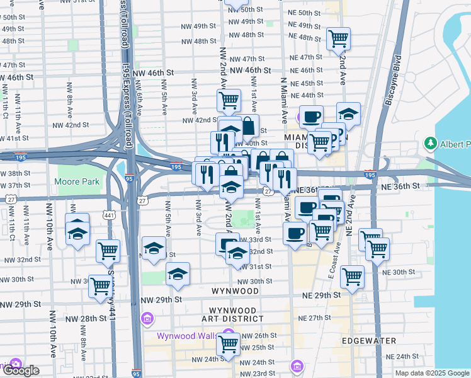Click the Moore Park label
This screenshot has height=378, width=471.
(x=79, y=182)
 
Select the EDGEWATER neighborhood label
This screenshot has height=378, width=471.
(x=369, y=341)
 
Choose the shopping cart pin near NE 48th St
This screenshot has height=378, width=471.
(x=338, y=38)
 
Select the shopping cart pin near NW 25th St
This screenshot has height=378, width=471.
(x=229, y=344)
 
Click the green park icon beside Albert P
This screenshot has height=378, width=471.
(x=431, y=144)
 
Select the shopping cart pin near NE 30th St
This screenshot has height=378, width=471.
(x=352, y=275)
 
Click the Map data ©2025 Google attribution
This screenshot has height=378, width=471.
(x=431, y=373)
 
